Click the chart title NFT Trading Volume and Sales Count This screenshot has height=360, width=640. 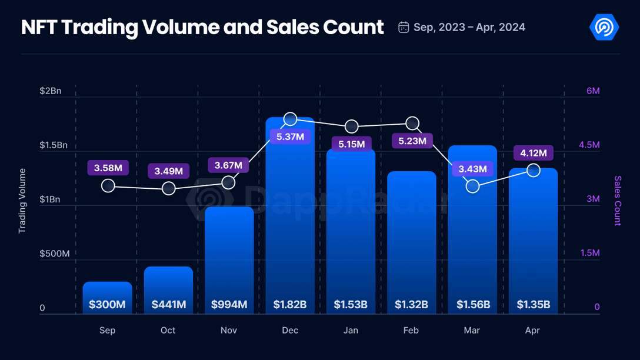pyautogui.click(x=202, y=27)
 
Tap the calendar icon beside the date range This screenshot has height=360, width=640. pyautogui.click(x=404, y=27)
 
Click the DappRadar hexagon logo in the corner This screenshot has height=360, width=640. pyautogui.click(x=604, y=27)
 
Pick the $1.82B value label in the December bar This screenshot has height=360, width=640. pyautogui.click(x=290, y=305)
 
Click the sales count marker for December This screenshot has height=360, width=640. pyautogui.click(x=290, y=119)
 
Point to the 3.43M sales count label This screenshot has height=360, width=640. pyautogui.click(x=473, y=169)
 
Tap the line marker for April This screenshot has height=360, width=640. pyautogui.click(x=534, y=171)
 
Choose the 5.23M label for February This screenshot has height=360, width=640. pyautogui.click(x=412, y=141)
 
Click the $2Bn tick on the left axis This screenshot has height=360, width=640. pyautogui.click(x=50, y=91)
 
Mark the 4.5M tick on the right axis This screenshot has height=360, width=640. pyautogui.click(x=589, y=145)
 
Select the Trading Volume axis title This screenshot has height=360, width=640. pyautogui.click(x=22, y=201)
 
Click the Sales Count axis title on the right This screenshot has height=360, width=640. pyautogui.click(x=618, y=201)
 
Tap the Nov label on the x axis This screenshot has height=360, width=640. pyautogui.click(x=229, y=331)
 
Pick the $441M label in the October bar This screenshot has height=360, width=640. pyautogui.click(x=168, y=305)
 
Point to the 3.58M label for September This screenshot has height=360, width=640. pyautogui.click(x=108, y=168)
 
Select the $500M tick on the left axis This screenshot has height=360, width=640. pyautogui.click(x=54, y=254)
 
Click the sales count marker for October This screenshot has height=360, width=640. pyautogui.click(x=168, y=188)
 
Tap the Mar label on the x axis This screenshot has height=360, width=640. pyautogui.click(x=472, y=331)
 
